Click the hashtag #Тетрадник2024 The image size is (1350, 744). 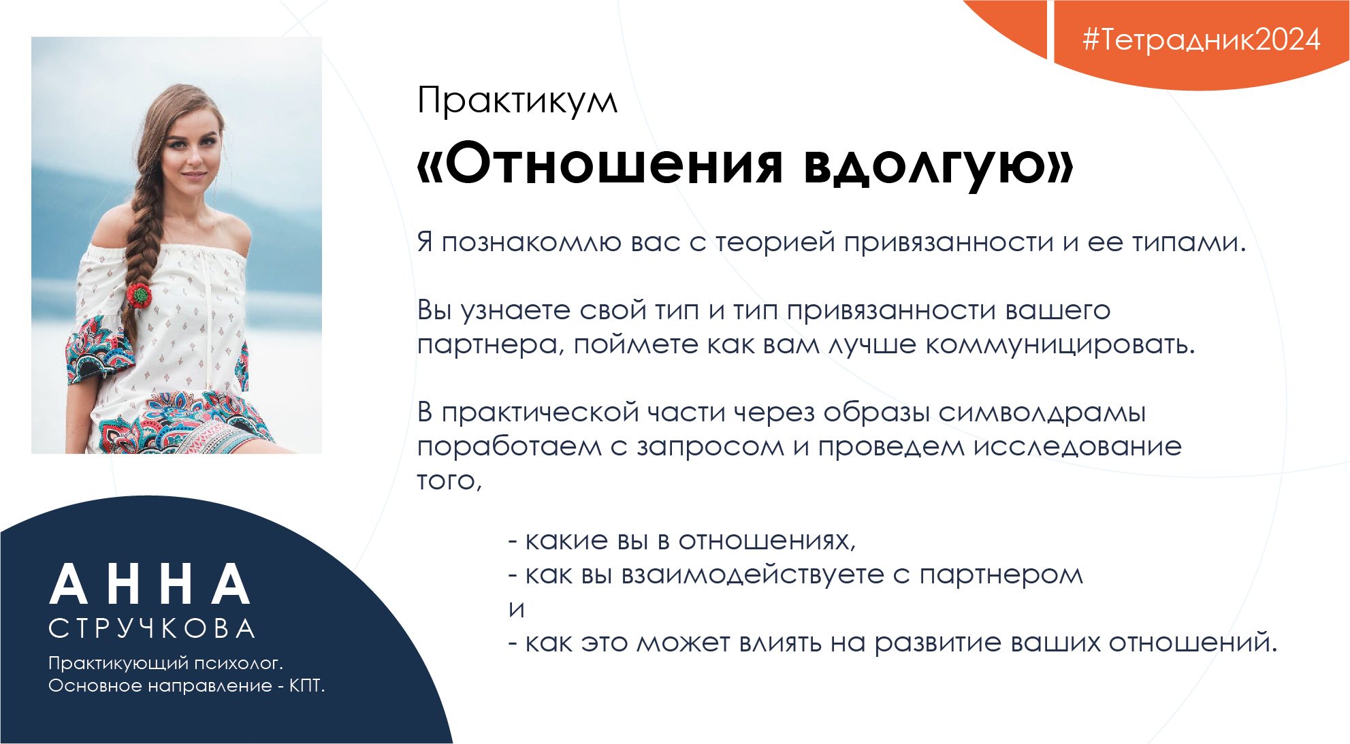click(x=1202, y=39)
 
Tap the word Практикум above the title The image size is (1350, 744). click(x=517, y=101)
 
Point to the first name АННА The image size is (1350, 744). click(x=150, y=585)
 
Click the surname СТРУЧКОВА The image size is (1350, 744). click(x=152, y=628)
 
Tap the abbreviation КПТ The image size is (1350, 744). click(x=307, y=685)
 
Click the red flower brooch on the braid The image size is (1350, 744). click(x=139, y=295)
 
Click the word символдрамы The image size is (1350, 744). click(x=1042, y=413)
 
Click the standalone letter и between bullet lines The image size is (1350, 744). click(x=517, y=609)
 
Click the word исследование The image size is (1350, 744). click(x=1078, y=447)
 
